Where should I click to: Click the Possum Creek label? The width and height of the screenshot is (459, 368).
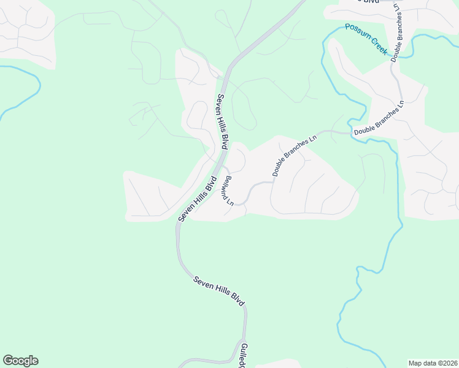pos(366,38)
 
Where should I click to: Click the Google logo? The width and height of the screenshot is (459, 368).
pos(20,361)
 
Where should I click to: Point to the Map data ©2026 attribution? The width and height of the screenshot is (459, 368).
pos(433,363)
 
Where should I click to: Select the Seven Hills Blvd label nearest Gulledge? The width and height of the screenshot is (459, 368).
pos(219,291)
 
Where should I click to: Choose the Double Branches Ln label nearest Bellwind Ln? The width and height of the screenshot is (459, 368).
pos(295,155)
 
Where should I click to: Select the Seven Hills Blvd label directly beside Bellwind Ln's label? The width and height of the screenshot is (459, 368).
pos(198,199)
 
